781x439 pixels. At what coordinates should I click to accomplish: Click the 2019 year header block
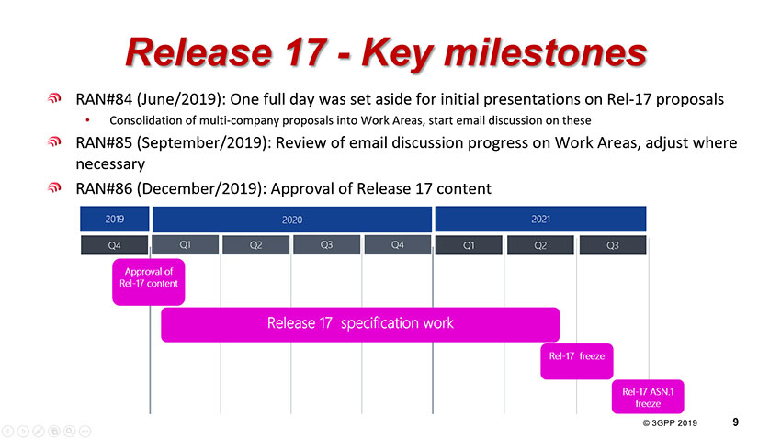pos(115,219)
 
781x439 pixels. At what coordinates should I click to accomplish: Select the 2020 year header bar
pos(292,219)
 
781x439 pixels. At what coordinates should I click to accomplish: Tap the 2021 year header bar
pos(540,219)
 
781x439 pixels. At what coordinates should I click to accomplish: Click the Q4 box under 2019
pos(115,245)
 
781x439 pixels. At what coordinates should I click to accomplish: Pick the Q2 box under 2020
pos(256,245)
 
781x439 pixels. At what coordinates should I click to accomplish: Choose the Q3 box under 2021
pos(613,245)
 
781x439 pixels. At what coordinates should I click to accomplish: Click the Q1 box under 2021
pos(469,245)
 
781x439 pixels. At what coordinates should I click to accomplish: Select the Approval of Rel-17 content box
pos(149,282)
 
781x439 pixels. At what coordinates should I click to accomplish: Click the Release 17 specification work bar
pos(360,324)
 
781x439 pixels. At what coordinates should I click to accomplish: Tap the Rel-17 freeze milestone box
pos(577,361)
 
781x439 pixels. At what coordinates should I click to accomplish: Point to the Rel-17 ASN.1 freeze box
pos(648,397)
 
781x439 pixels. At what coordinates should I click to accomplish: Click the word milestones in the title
pos(546,52)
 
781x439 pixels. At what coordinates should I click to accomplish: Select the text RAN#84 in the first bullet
pos(104,99)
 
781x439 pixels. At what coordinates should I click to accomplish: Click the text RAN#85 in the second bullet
pos(104,143)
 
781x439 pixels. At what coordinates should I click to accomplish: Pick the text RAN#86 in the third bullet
pos(104,188)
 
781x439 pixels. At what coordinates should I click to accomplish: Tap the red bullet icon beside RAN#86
pos(54,187)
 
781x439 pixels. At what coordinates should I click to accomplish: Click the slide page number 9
pos(736,422)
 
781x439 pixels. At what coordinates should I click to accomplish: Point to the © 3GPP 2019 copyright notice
pos(670,423)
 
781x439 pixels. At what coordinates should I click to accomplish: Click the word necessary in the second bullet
pos(110,164)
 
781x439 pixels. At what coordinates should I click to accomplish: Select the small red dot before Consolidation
pos(87,120)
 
